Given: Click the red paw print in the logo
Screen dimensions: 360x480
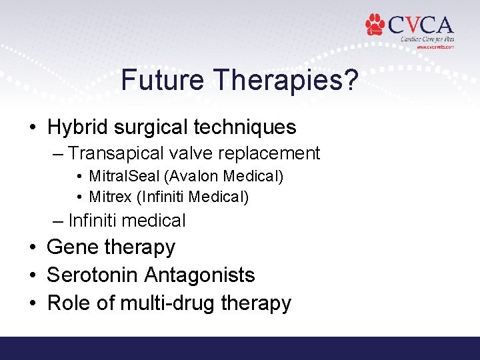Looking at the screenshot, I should click(376, 25).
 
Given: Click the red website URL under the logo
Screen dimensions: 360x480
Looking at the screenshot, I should click(435, 47).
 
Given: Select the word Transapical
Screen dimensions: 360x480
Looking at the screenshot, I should click(116, 153).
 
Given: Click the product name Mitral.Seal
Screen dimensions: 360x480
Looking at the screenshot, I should click(121, 177).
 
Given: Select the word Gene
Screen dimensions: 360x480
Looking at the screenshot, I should click(71, 247).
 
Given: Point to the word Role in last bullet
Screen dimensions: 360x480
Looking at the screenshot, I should click(69, 303).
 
